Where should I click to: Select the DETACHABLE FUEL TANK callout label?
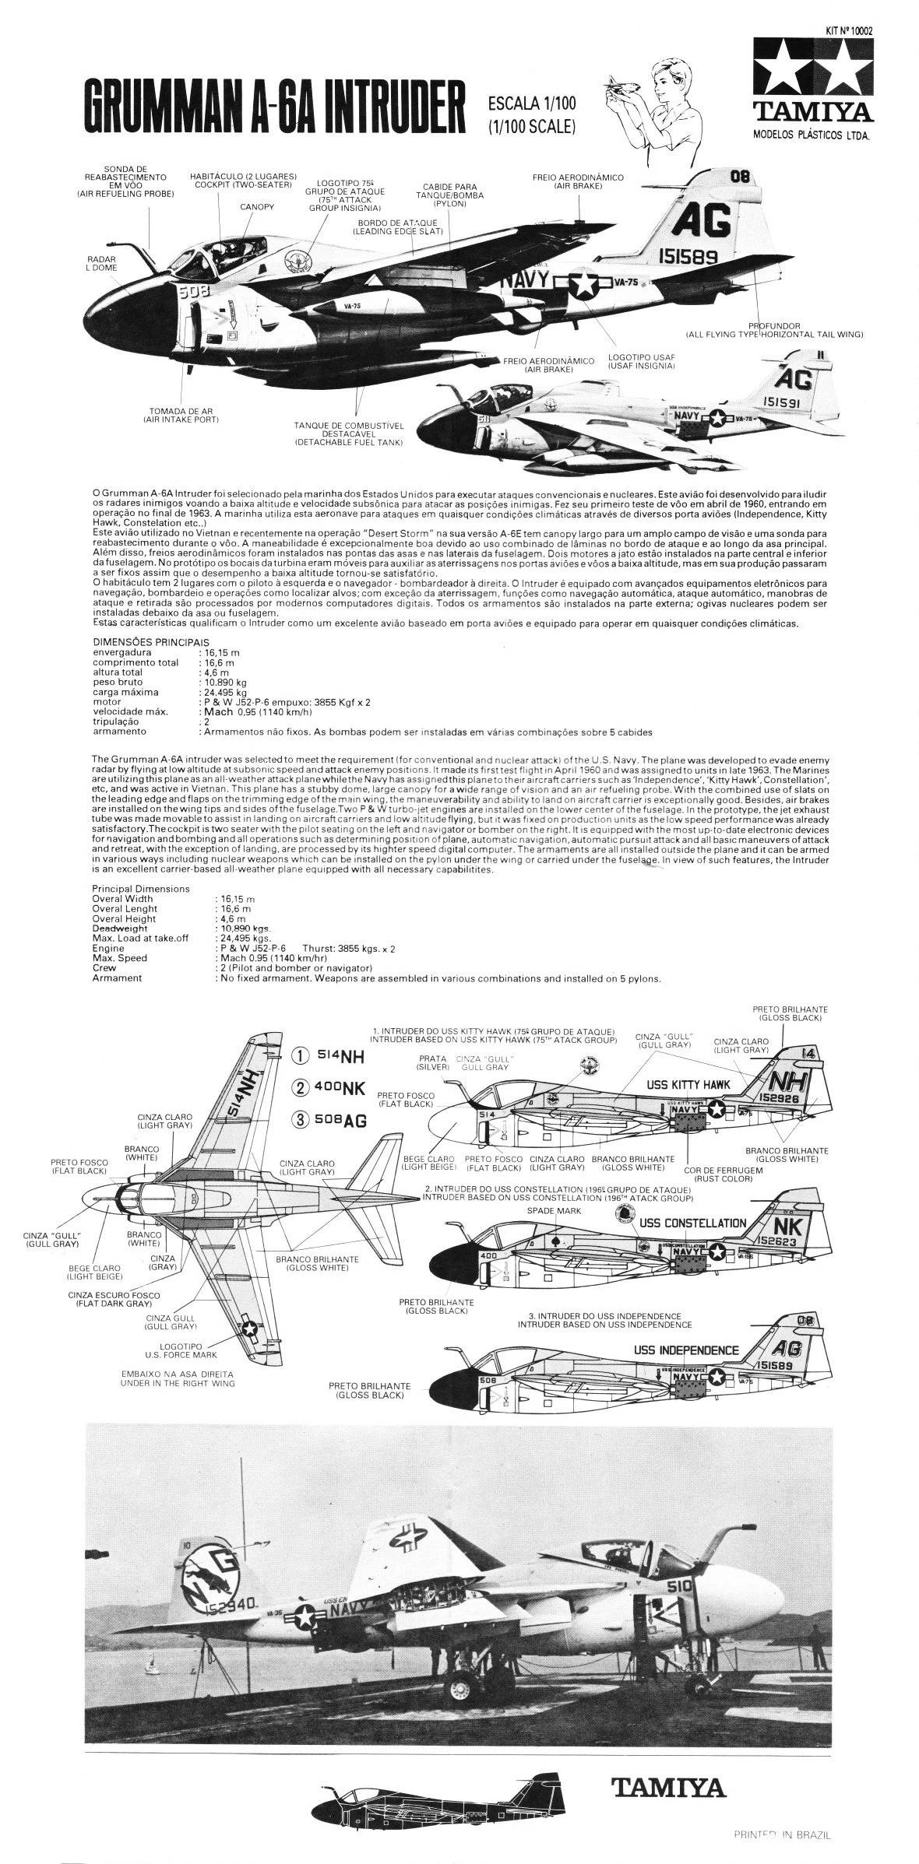[348, 434]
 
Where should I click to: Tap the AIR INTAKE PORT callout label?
[180, 415]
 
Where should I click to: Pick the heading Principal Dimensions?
[140, 888]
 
